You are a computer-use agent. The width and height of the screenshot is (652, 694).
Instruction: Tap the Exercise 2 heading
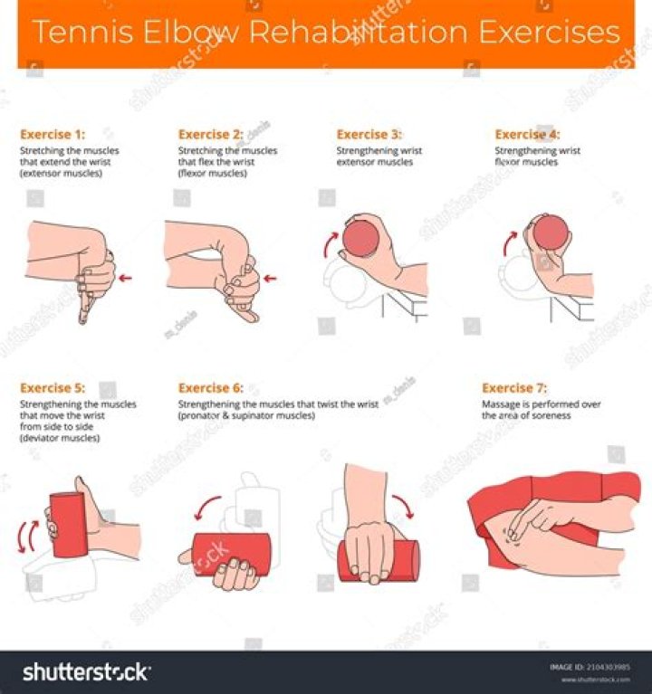pos(210,135)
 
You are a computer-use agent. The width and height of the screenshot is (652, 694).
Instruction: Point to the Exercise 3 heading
pos(369,135)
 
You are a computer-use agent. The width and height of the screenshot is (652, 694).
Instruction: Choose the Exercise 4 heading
pos(527,135)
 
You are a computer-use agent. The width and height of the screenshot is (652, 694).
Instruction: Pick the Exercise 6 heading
pos(210,388)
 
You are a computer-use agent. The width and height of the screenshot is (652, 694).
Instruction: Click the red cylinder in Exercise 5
pos(67,526)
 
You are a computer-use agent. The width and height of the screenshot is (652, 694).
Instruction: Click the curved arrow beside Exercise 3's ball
pos(332,242)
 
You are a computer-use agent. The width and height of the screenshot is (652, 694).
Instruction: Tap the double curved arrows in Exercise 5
pos(26,535)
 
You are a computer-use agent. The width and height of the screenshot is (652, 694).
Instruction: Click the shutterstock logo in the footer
pos(86,672)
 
